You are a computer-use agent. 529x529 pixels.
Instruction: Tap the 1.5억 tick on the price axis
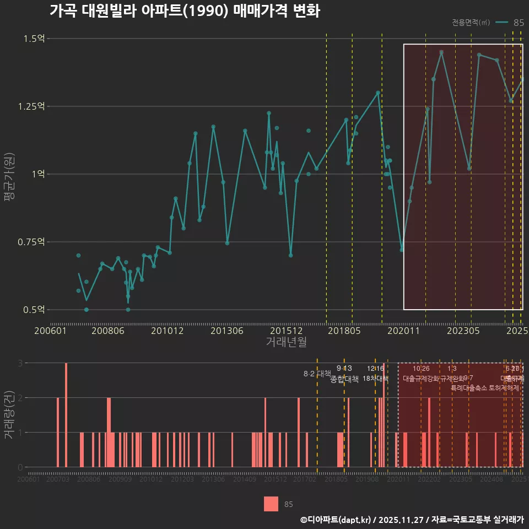pyautogui.click(x=34, y=39)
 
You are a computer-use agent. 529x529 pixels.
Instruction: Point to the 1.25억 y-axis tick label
pyautogui.click(x=32, y=106)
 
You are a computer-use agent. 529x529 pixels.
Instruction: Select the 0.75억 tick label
pyautogui.click(x=32, y=242)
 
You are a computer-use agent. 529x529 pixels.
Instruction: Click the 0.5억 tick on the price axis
pyautogui.click(x=34, y=310)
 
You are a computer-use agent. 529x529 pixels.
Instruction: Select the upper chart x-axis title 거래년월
pyautogui.click(x=286, y=342)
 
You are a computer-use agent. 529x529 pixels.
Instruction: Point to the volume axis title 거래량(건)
pyautogui.click(x=9, y=414)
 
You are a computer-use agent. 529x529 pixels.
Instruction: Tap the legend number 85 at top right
pyautogui.click(x=519, y=23)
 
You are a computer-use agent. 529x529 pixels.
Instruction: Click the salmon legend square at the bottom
pyautogui.click(x=271, y=504)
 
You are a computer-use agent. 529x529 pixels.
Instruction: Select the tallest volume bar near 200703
pyautogui.click(x=66, y=414)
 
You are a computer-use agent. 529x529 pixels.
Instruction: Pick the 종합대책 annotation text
pyautogui.click(x=344, y=379)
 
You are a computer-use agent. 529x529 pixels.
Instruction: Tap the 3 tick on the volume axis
pyautogui.click(x=20, y=363)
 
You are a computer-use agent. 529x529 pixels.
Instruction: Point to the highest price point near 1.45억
pyautogui.click(x=441, y=52)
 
